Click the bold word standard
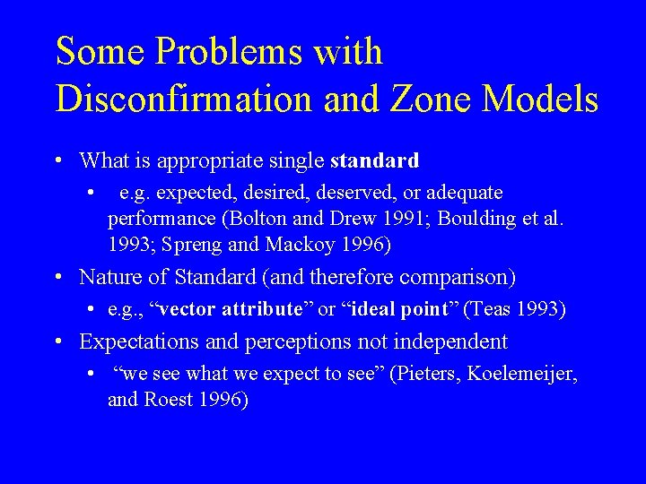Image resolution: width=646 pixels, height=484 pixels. [x=374, y=161]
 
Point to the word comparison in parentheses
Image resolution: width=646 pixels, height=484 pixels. [x=456, y=278]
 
